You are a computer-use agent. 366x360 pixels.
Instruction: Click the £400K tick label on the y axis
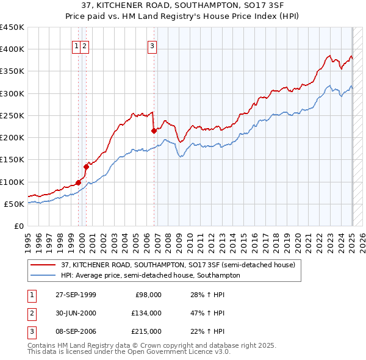coord(12,49)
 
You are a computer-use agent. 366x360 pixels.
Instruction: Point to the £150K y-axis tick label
coord(12,160)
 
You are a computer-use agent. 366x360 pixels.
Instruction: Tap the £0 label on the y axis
coord(18,226)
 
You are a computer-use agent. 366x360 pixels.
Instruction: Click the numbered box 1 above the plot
coord(76,45)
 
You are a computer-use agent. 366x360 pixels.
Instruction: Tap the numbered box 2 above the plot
coord(85,45)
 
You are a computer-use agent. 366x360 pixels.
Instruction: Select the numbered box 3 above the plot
coord(152,45)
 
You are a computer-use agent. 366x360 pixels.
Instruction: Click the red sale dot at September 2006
coord(154,131)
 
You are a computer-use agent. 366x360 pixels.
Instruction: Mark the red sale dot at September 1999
coord(79,182)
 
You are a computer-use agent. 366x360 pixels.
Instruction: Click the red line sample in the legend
coord(43,265)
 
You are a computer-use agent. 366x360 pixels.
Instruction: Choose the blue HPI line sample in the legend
coord(43,275)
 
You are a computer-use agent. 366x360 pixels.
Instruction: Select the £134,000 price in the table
coord(146,313)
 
